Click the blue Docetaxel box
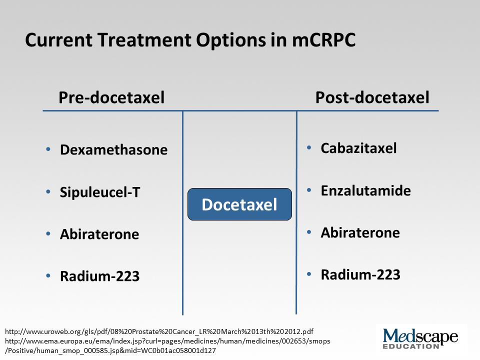point(239,204)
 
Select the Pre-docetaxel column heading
point(111,97)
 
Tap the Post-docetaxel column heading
point(372,97)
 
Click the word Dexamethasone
point(113,149)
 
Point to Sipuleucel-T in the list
point(100,192)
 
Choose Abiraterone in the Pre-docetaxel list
point(99,234)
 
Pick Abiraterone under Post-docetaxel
point(360,232)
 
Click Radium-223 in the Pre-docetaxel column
point(100,276)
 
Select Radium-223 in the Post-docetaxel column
point(360,274)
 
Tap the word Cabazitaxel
point(359,148)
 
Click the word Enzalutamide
point(366,190)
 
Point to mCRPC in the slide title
point(324,40)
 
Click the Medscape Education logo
point(420,338)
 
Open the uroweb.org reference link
point(159,331)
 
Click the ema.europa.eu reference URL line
point(167,341)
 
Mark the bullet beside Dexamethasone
point(48,149)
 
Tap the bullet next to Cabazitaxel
point(309,148)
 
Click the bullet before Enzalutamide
point(309,190)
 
